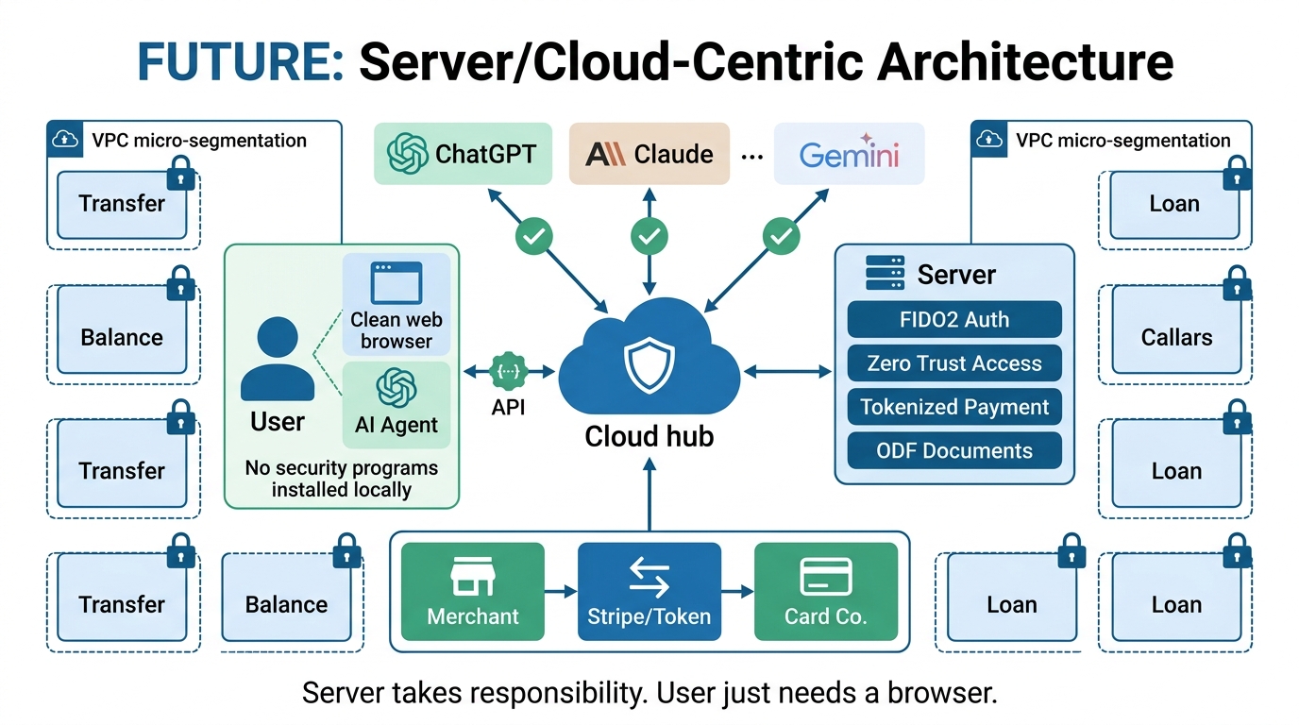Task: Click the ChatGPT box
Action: (x=463, y=153)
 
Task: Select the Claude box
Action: (x=649, y=153)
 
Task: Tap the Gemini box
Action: (x=849, y=153)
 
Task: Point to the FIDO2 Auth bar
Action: (x=954, y=320)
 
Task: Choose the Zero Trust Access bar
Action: (x=954, y=363)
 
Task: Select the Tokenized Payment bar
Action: (x=954, y=407)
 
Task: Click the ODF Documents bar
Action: (x=954, y=450)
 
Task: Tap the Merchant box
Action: (x=473, y=592)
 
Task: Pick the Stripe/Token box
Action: (x=649, y=592)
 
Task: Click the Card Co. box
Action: (x=825, y=592)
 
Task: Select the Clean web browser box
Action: (x=396, y=305)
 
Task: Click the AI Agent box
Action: (x=396, y=404)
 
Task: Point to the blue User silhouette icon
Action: (x=277, y=358)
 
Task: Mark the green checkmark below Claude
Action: (x=649, y=236)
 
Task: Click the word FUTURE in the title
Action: (x=240, y=61)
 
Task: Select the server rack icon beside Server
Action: (x=885, y=274)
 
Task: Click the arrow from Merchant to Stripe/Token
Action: (x=561, y=592)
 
